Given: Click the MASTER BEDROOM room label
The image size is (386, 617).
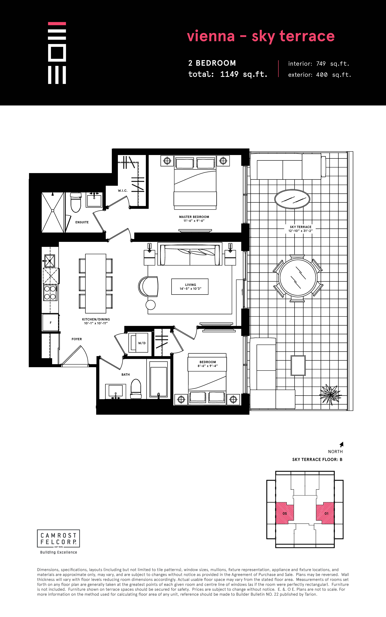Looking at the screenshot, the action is tap(194, 217).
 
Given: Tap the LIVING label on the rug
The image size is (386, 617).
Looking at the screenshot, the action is tap(190, 285).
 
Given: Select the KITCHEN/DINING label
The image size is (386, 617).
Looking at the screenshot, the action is tap(96, 319).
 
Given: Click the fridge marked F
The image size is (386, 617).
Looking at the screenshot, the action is tap(51, 323).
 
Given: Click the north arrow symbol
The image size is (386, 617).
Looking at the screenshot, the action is tap(342, 444).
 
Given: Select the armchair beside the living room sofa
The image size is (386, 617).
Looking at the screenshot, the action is tap(148, 286).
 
